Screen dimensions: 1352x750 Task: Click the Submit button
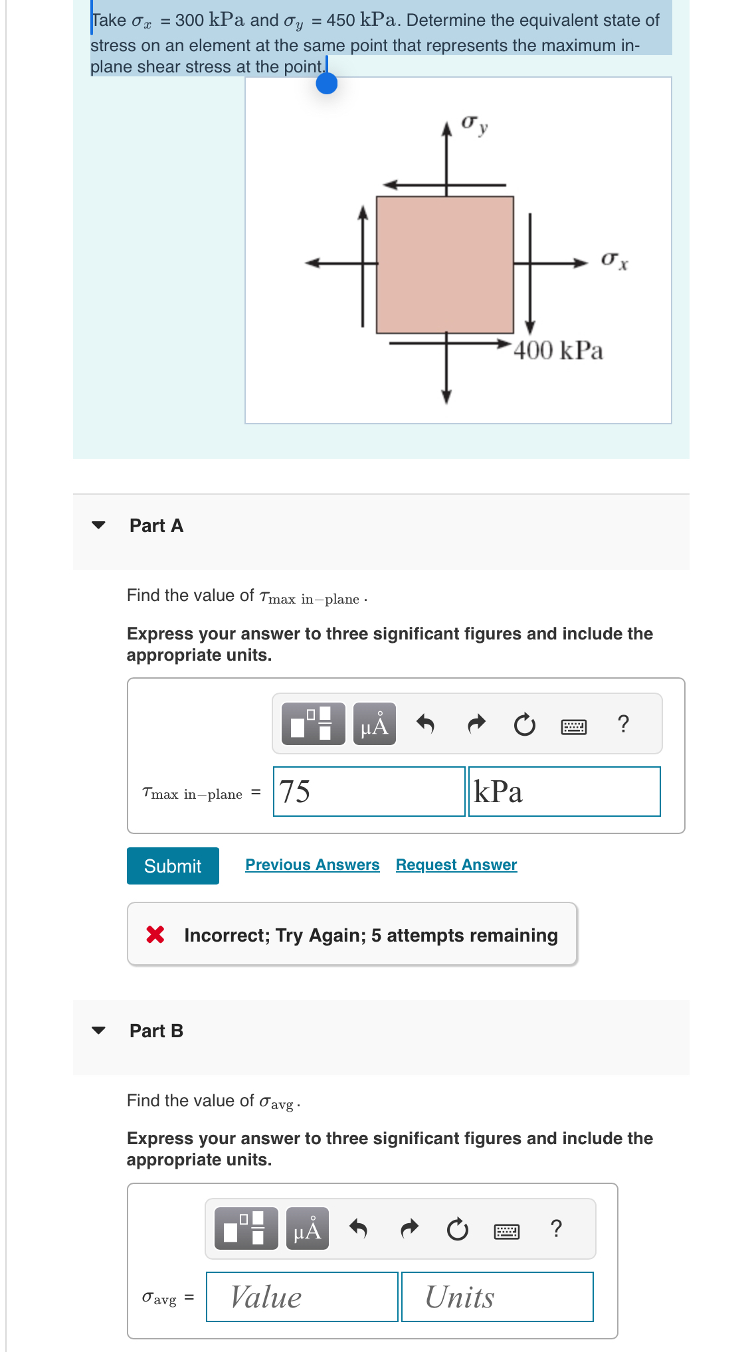point(173,866)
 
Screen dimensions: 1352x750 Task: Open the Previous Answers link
point(312,865)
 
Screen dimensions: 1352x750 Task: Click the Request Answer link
point(456,865)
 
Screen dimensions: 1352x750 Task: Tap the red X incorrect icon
point(155,935)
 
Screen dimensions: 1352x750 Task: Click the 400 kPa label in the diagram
point(558,351)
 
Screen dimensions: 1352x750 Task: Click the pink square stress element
point(445,265)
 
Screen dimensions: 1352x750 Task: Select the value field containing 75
point(369,792)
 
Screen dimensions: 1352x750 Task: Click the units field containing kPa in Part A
point(564,792)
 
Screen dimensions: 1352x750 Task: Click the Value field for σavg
point(302,1297)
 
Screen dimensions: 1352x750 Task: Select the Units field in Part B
point(497,1297)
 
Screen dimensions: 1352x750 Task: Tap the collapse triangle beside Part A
point(98,525)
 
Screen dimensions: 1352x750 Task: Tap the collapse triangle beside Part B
point(98,1031)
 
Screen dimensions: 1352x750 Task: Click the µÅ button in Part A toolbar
point(375,724)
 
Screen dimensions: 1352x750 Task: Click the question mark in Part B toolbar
point(557,1228)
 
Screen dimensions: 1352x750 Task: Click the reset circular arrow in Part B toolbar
point(457,1229)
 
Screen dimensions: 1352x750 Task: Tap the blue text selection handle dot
point(327,83)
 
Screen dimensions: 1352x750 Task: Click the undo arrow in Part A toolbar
point(425,724)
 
